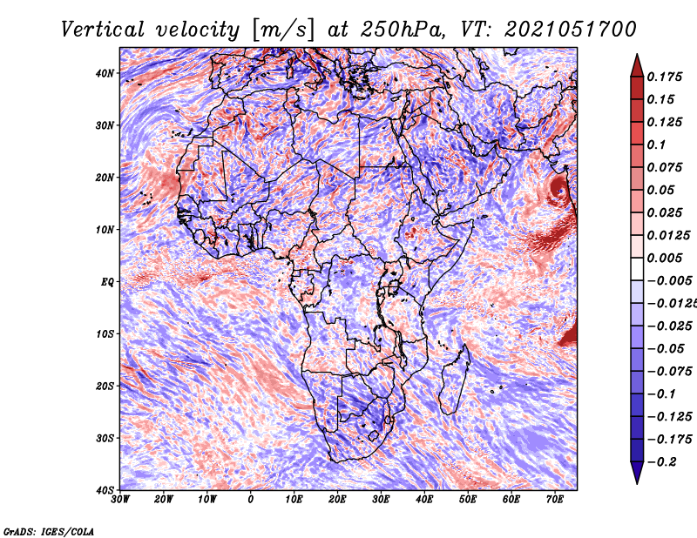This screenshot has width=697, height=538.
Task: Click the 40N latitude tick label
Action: (x=105, y=73)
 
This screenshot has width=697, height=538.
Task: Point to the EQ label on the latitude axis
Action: (x=107, y=282)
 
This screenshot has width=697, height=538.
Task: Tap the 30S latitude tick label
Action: (x=105, y=438)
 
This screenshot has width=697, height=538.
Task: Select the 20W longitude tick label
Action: (x=163, y=500)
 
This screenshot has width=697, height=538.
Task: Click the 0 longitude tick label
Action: (x=251, y=500)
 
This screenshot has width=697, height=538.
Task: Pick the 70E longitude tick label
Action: (x=554, y=500)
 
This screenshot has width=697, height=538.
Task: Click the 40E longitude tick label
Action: (x=424, y=500)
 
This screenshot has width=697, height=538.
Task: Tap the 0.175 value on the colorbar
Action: (x=664, y=77)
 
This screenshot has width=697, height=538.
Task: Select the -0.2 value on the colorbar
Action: (x=662, y=462)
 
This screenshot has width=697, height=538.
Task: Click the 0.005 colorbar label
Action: (x=664, y=258)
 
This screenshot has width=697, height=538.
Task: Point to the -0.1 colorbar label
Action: (x=662, y=394)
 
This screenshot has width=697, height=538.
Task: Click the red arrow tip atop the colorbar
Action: (x=637, y=55)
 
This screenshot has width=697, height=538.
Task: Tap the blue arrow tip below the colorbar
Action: (x=637, y=483)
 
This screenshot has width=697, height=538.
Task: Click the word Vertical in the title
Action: (x=103, y=30)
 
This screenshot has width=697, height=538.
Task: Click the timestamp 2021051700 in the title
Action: (x=571, y=30)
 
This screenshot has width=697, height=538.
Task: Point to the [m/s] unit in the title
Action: (x=283, y=30)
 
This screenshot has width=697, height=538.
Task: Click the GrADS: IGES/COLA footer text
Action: (x=49, y=532)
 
